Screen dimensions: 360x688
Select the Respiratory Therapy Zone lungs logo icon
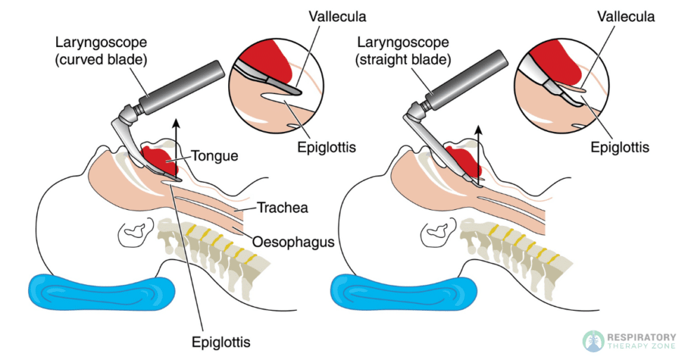[593, 340]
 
